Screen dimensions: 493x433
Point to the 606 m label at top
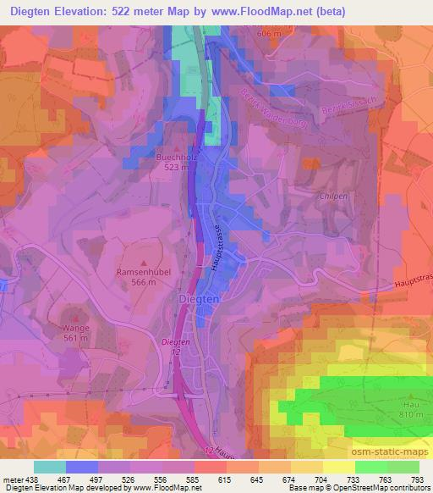click(268, 33)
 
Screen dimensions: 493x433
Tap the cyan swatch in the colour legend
click(49, 466)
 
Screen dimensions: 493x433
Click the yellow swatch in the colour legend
click(338, 466)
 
